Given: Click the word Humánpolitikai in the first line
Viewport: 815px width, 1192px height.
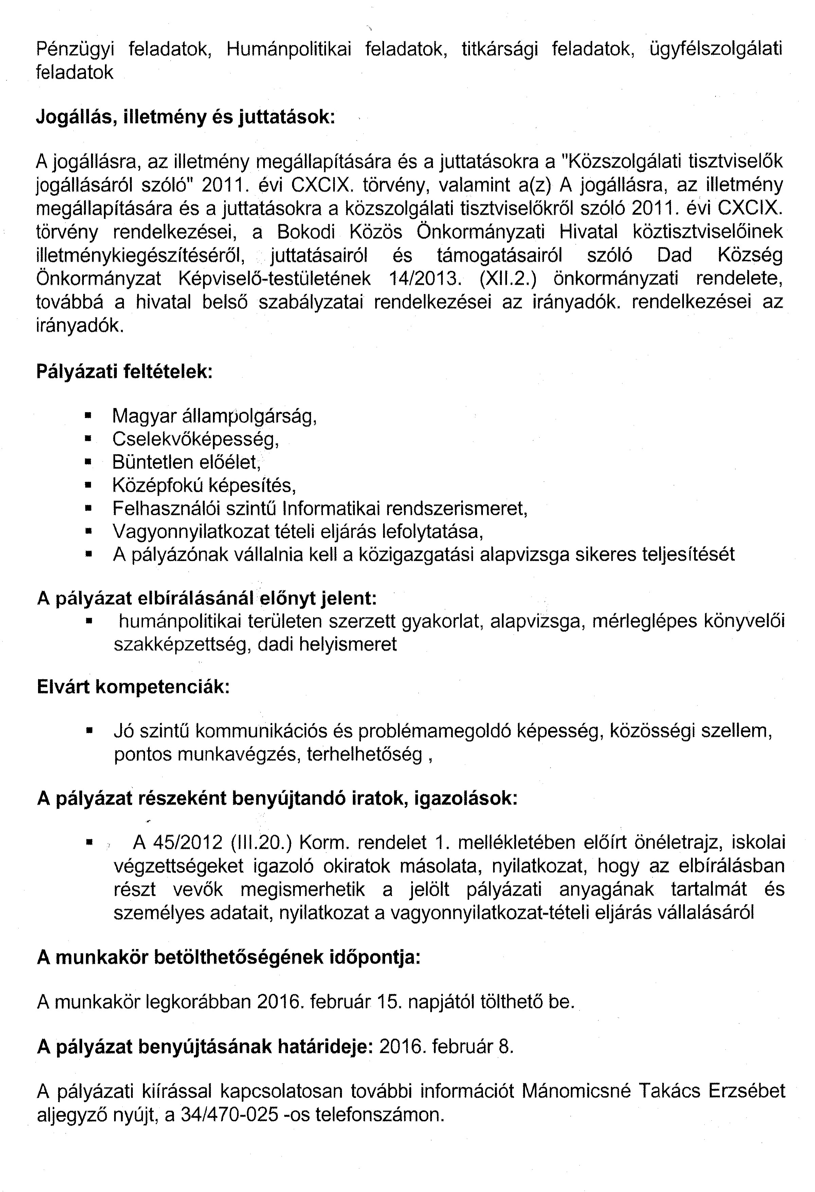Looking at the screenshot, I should coord(289,49).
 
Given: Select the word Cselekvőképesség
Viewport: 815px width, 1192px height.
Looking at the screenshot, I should coord(195,439).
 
